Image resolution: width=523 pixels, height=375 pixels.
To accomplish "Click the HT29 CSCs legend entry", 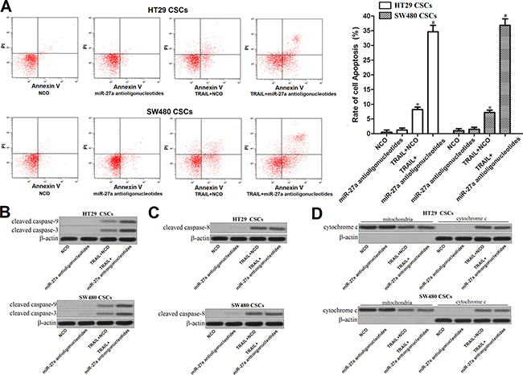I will coord(452,6).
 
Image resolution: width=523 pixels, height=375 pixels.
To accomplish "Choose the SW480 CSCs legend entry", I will coord(454,15).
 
